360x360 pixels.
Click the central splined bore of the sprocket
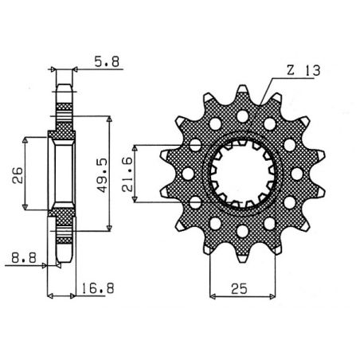pos(241,173)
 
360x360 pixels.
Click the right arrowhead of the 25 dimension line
pos(272,296)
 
